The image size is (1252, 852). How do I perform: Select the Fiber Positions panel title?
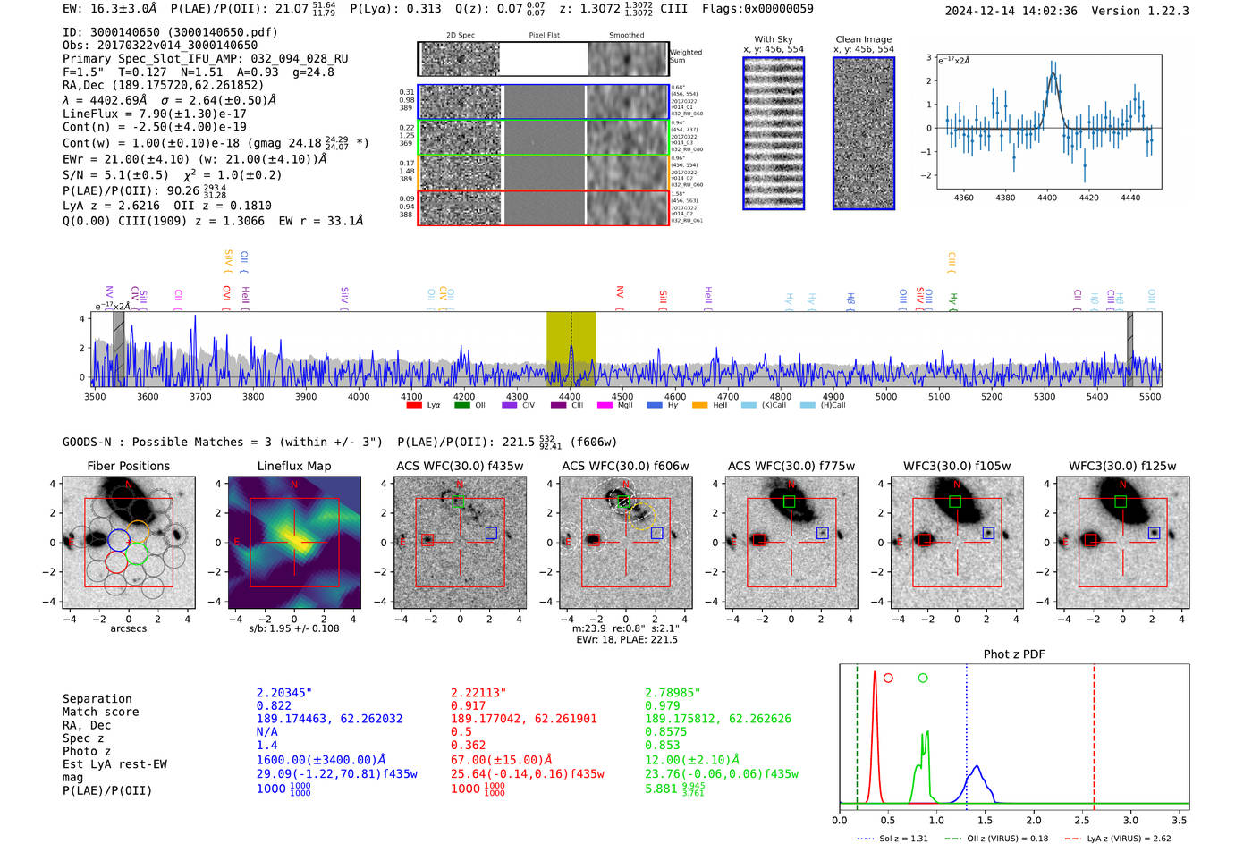click(128, 466)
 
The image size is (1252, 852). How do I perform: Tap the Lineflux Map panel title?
click(293, 466)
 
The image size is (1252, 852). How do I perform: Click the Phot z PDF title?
click(1013, 654)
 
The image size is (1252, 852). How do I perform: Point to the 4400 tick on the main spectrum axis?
click(570, 397)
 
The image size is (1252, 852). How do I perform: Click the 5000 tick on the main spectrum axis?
click(886, 397)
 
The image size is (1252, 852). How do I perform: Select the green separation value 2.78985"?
click(673, 693)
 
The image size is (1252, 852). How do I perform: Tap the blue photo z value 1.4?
click(266, 745)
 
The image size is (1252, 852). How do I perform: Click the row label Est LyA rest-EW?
click(114, 764)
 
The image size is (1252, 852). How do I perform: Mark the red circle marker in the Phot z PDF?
click(888, 678)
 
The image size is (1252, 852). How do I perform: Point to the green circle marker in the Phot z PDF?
click(923, 678)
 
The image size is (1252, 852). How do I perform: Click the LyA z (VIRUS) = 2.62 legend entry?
click(1129, 839)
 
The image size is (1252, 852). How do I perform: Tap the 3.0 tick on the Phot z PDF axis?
click(1130, 820)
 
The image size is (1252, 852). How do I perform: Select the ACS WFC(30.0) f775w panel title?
click(791, 466)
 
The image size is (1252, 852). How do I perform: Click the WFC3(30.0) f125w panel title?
click(1122, 466)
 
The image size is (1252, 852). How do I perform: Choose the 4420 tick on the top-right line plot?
click(1088, 198)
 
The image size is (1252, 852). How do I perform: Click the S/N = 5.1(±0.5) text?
click(114, 175)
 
